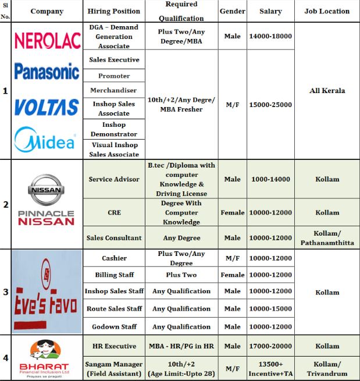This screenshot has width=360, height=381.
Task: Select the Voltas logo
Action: click(x=47, y=107)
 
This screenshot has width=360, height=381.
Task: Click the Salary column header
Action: click(x=270, y=11)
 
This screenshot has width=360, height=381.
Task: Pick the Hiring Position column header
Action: click(x=113, y=11)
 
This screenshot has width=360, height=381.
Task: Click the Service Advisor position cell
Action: click(x=113, y=179)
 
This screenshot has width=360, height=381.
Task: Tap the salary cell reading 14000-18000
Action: click(x=270, y=36)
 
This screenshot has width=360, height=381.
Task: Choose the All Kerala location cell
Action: click(x=327, y=91)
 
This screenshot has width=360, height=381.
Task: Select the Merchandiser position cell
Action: click(x=113, y=90)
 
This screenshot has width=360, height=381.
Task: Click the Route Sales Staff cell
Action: click(x=113, y=309)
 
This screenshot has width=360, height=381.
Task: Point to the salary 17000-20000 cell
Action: click(x=270, y=346)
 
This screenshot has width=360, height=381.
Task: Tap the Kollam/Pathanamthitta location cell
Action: click(x=327, y=237)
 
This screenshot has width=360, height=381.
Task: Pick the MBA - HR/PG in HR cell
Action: click(x=181, y=346)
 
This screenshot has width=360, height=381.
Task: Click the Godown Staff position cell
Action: click(x=113, y=326)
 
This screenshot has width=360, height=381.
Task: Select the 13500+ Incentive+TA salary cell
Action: click(x=270, y=368)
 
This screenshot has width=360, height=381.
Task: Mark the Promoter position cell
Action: click(x=113, y=76)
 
